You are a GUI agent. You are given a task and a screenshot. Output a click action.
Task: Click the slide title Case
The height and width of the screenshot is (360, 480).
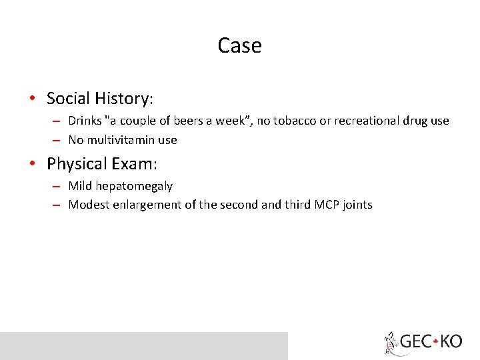coord(239,45)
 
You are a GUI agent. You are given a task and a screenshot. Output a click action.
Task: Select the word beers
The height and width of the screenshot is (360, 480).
coord(191,121)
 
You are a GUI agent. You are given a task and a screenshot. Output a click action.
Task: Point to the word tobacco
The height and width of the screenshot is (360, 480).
coord(291,121)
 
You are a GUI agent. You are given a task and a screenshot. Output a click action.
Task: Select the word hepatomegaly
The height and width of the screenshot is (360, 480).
coord(134,186)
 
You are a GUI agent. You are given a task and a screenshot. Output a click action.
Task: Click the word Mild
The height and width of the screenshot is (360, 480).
coord(80,186)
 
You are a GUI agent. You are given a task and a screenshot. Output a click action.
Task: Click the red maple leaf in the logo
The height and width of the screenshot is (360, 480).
coord(435,342)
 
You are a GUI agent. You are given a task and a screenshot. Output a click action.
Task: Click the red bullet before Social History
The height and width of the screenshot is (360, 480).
coord(33,99)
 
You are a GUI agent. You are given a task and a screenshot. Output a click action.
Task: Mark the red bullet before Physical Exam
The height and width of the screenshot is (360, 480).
coord(33,163)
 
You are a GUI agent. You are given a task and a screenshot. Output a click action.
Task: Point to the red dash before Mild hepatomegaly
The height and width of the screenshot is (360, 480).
coord(57,186)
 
